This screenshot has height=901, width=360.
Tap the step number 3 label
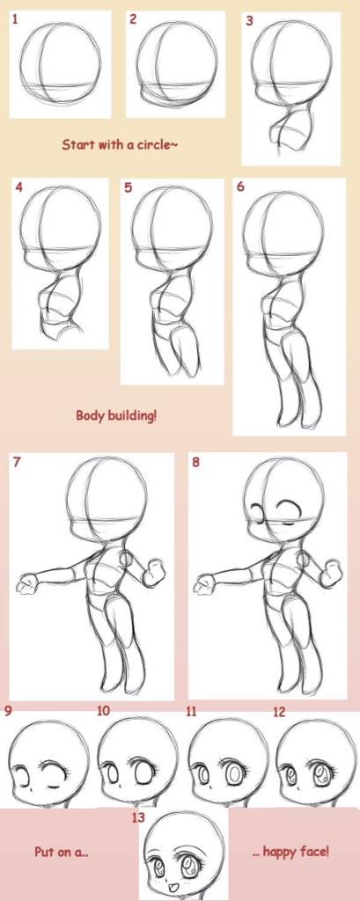pos(249,19)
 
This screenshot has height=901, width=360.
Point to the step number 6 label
pos(240,187)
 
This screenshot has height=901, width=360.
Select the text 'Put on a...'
pos(59,852)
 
